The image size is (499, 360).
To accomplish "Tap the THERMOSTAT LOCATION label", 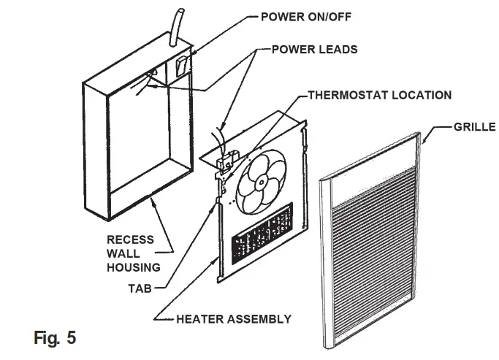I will (379, 95).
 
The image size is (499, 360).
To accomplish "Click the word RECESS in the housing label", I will (130, 240).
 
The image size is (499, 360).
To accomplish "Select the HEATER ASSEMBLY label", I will (234, 318).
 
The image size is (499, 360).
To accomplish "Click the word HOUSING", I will (133, 268).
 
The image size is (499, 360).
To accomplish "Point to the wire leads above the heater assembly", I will (218, 138).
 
